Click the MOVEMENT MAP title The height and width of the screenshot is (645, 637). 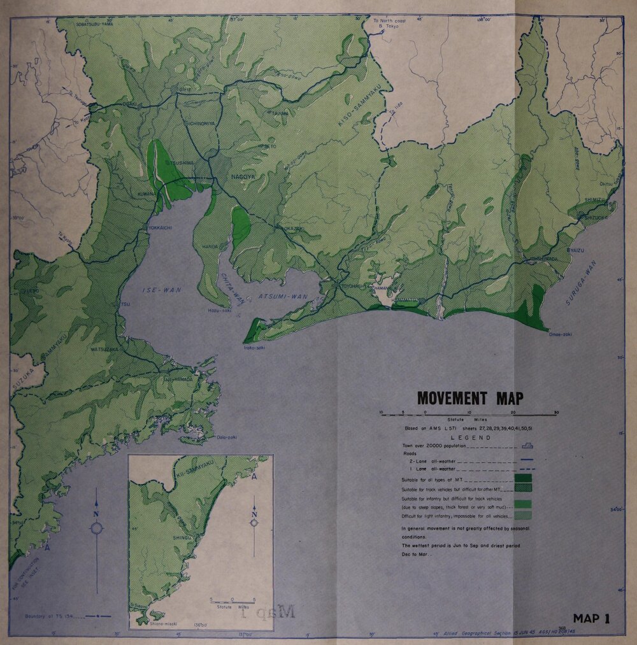(x=470, y=399)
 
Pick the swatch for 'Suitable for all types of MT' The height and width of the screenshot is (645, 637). (x=522, y=478)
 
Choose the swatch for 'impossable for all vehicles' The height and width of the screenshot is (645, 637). (x=522, y=516)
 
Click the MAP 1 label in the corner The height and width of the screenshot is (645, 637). (x=591, y=618)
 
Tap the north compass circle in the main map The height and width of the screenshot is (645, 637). (x=97, y=528)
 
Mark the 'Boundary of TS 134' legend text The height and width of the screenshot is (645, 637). (x=51, y=616)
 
